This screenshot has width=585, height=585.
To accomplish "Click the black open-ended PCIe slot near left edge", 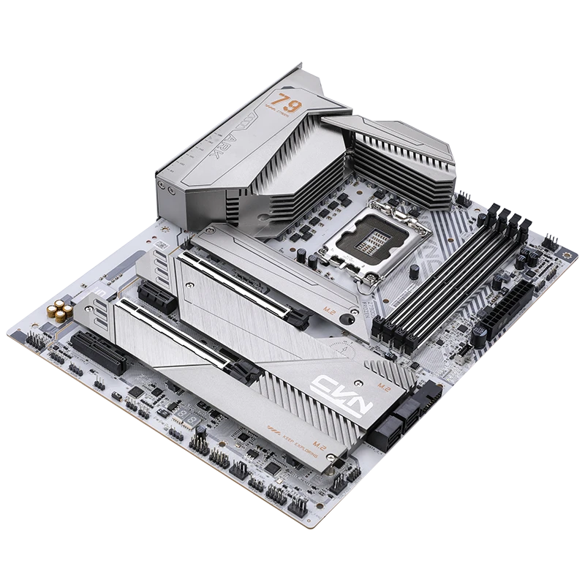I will point(92,347).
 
